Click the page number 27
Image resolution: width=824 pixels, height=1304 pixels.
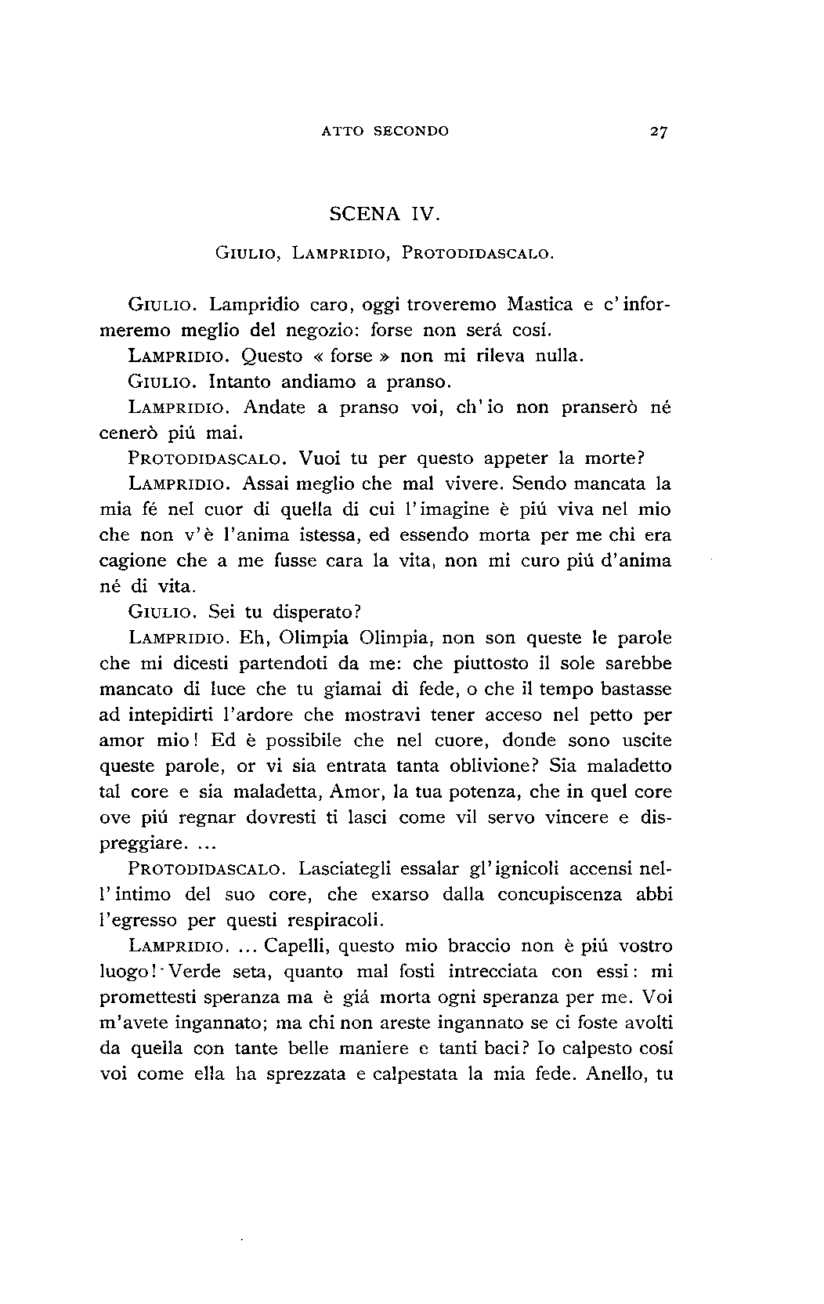[657, 132]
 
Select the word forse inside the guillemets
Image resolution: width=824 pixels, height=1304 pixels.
[352, 356]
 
